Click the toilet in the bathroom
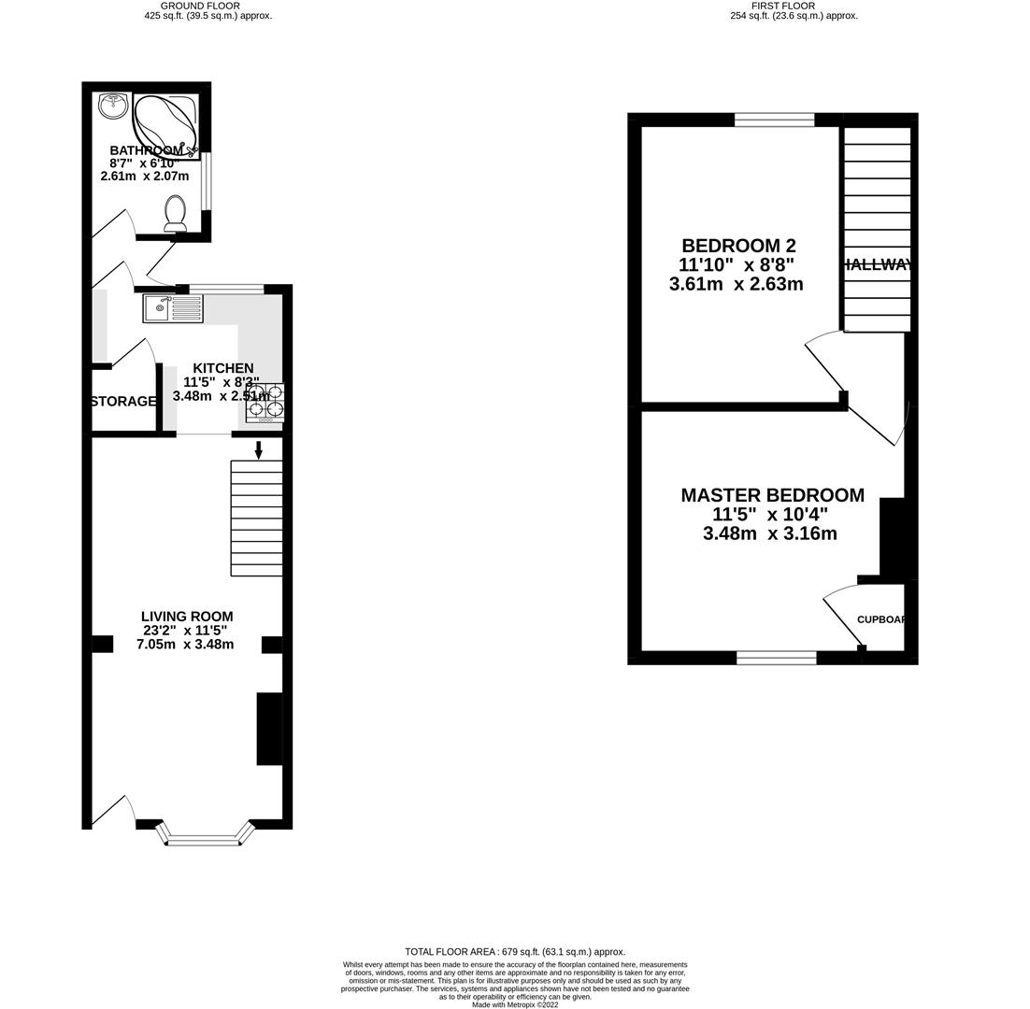175,214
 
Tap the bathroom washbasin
114,106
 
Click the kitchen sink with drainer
173,308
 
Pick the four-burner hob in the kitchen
265,403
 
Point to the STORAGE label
123,402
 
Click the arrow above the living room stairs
259,449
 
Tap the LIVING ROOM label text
187,617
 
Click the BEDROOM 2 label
738,246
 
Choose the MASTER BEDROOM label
772,495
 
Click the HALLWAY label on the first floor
877,265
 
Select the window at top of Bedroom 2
774,120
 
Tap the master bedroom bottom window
776,658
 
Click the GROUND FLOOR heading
200,6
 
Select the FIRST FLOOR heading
772,6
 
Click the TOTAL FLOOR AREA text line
515,951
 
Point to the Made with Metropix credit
515,1004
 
